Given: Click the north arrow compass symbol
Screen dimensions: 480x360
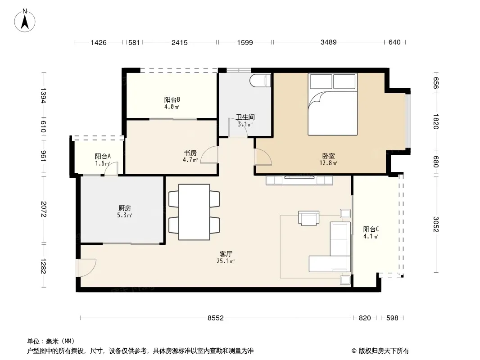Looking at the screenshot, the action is point(25,21).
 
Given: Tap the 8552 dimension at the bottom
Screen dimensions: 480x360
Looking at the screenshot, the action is point(216,318).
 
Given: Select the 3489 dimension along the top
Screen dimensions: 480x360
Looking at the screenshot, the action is point(328,42).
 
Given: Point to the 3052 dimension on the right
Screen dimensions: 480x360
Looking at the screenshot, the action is point(436,224).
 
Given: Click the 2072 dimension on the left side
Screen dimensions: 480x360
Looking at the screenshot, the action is point(43,209).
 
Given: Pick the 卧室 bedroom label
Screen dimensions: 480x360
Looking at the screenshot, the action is point(328,156).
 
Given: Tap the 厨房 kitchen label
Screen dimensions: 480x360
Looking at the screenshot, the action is point(125,208).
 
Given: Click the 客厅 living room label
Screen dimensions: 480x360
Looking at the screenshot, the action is point(226,254).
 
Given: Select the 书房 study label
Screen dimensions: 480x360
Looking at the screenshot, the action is point(190,153).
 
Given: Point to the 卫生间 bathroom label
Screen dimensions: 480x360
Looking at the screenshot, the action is point(245,117).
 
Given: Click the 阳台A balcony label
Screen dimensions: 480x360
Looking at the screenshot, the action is point(103,156).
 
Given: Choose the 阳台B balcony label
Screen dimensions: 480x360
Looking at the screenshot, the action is point(172,100).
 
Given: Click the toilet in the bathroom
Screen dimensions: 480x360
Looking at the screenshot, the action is point(260,81).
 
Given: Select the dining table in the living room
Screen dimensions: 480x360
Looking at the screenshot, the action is point(195,212).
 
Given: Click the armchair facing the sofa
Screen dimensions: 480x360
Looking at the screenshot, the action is point(308,218).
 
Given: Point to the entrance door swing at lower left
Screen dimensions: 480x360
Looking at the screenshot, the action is point(86,268).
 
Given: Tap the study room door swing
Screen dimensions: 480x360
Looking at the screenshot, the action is point(209,155).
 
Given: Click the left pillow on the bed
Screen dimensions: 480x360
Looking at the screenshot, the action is point(321,81).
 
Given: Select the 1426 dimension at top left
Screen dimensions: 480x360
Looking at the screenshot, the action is point(99,42).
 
